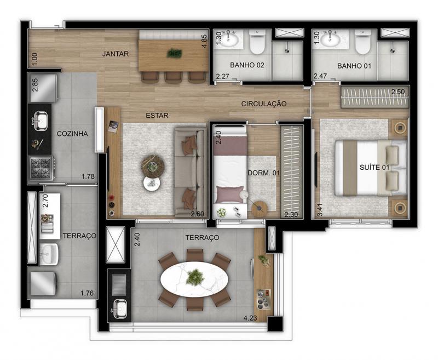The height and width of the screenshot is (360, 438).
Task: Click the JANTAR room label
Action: [x=116, y=54]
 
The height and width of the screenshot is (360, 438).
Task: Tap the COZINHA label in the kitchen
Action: [x=72, y=134]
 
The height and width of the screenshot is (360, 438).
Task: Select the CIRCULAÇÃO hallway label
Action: [x=264, y=104]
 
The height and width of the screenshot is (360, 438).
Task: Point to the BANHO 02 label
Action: [x=247, y=65]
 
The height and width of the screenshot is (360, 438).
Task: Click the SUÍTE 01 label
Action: [x=374, y=168]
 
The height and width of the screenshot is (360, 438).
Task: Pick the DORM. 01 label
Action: [x=263, y=173]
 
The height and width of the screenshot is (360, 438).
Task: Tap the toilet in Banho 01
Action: [x=362, y=42]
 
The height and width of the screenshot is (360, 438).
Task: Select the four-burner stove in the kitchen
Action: [x=42, y=168]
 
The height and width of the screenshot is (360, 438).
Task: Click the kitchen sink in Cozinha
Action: [x=41, y=121]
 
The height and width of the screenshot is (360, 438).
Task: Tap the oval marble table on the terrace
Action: [x=194, y=279]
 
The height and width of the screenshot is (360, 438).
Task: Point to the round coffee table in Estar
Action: [x=153, y=166]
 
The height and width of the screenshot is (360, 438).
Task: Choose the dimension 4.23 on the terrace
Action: [x=250, y=318]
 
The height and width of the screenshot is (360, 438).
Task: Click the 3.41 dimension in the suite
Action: [x=320, y=210]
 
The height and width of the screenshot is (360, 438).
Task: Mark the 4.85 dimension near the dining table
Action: [x=204, y=41]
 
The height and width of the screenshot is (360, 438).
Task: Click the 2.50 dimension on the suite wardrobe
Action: [x=398, y=92]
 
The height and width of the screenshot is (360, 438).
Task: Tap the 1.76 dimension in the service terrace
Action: [x=87, y=293]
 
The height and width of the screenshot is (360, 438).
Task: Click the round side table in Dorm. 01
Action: [x=260, y=209]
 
